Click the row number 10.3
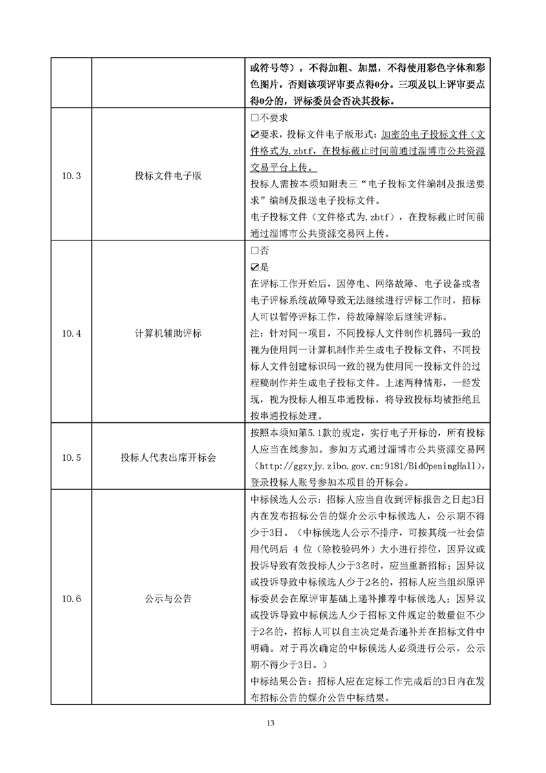click(71, 176)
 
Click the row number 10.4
click(71, 333)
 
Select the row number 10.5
click(71, 457)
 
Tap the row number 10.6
click(71, 599)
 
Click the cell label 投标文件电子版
click(168, 176)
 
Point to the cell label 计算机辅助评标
click(168, 333)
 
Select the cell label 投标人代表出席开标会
click(168, 457)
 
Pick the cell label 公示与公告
click(168, 599)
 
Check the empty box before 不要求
click(254, 118)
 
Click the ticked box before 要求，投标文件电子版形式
click(254, 134)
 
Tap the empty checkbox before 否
click(254, 252)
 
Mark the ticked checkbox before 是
click(254, 268)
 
